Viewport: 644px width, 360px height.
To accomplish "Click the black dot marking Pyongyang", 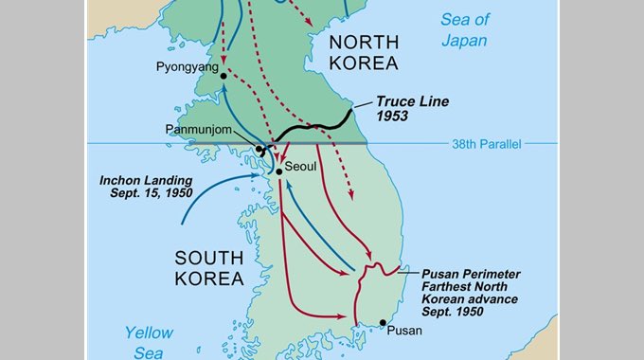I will click(224, 76).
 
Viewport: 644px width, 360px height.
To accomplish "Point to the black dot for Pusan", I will click(383, 323).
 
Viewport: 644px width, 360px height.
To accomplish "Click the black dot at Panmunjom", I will click(259, 149).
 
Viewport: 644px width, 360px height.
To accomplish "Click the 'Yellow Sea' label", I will click(150, 342).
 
